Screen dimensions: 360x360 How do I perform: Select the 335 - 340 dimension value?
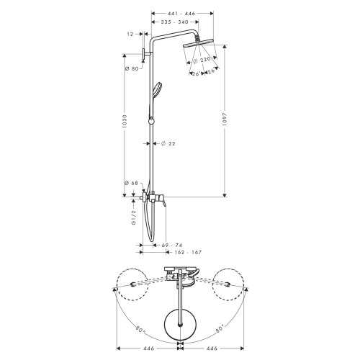pos(174,22)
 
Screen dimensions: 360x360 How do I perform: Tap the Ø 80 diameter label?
pos(131,69)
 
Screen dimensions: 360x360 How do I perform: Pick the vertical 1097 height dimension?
pos(229,118)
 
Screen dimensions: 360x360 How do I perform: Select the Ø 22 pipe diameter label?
pos(168,143)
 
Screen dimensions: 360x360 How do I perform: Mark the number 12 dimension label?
pos(130,35)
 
